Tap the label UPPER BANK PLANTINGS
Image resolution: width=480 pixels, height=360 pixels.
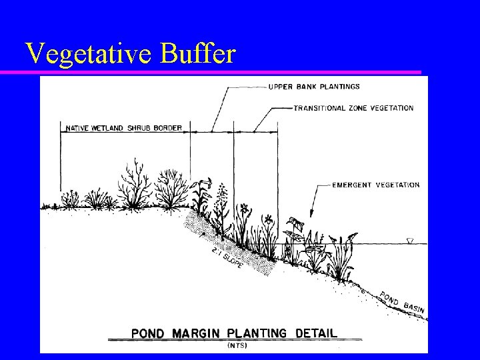[x=314, y=87]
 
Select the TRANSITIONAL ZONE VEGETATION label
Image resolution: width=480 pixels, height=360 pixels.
[x=353, y=108]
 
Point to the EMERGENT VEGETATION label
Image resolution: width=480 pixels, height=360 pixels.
[x=376, y=185]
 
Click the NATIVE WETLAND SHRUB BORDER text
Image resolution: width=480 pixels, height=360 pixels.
[x=124, y=128]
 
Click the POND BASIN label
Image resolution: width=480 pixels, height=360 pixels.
[x=402, y=303]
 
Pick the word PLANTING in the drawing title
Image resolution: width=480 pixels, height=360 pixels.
[x=257, y=333]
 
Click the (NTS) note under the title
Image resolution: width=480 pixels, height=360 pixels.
[x=237, y=345]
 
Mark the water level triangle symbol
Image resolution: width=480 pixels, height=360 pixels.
[x=411, y=241]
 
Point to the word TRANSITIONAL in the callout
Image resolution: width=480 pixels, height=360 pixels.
[x=319, y=108]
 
